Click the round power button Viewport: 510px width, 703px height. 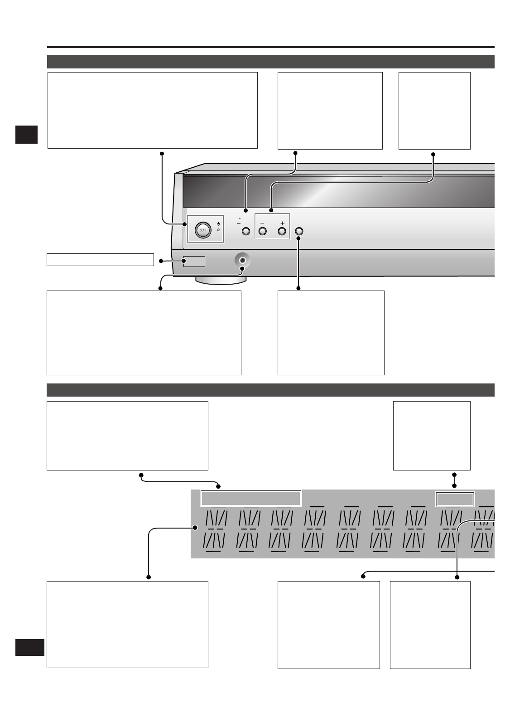pyautogui.click(x=203, y=231)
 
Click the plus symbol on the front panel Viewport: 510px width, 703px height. pyautogui.click(x=282, y=223)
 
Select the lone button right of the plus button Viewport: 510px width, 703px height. pyautogui.click(x=298, y=231)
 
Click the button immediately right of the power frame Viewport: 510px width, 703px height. pyautogui.click(x=246, y=231)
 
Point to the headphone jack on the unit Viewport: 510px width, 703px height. pyautogui.click(x=243, y=261)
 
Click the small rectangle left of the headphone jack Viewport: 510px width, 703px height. pyautogui.click(x=194, y=261)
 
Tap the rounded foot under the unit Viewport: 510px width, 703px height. pyautogui.click(x=221, y=281)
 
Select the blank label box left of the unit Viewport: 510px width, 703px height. pyautogui.click(x=100, y=260)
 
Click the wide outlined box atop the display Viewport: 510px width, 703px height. pyautogui.click(x=250, y=499)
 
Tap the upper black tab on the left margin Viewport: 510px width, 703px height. pyautogui.click(x=26, y=135)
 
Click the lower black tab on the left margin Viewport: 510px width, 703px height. pyautogui.click(x=30, y=647)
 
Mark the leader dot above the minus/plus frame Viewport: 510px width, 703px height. pyautogui.click(x=271, y=210)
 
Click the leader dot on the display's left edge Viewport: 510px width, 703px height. pyautogui.click(x=196, y=528)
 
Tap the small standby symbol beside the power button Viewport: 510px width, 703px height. pyautogui.click(x=218, y=224)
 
